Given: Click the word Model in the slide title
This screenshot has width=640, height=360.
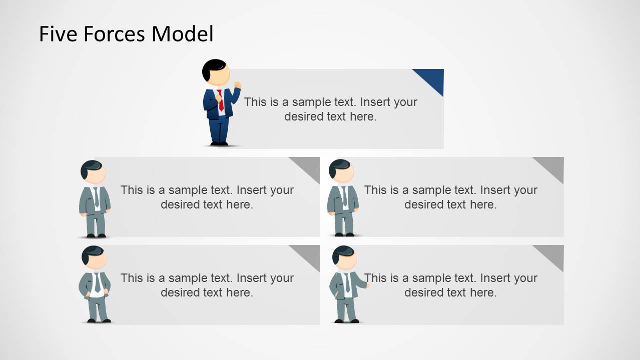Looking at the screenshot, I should click(183, 34).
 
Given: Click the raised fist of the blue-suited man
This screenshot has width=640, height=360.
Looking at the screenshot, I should click(237, 85).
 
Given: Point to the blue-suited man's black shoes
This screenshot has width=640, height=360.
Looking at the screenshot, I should click(219, 143).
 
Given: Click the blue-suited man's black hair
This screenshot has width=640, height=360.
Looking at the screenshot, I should click(212, 68).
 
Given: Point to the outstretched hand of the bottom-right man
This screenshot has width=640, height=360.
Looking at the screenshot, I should click(367, 285).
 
